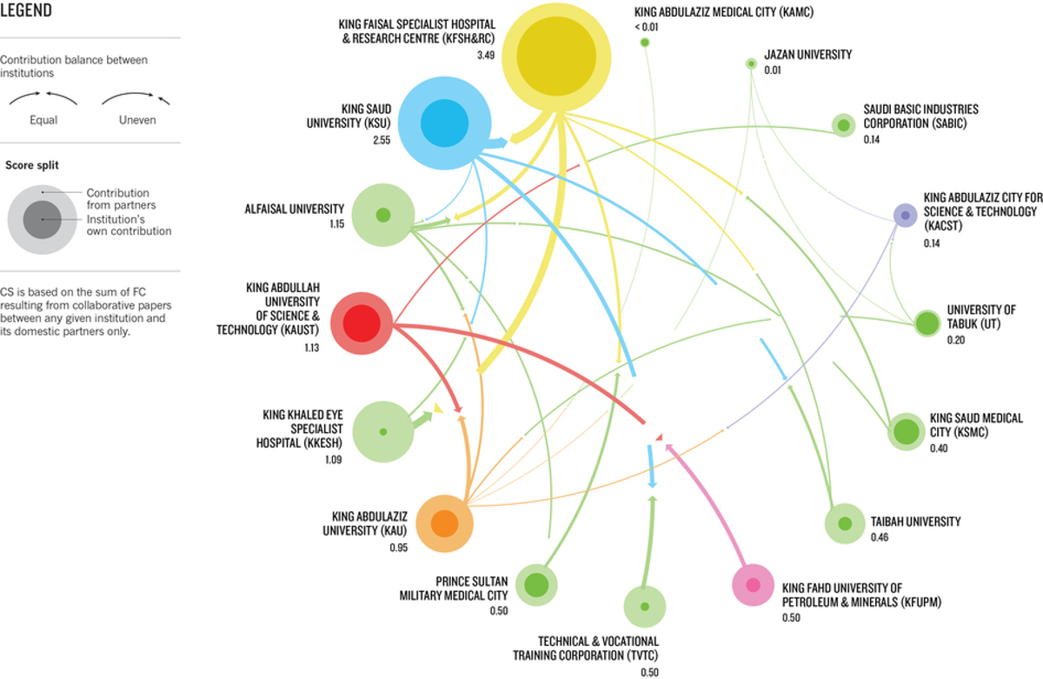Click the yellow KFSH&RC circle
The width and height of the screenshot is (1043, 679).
[x=556, y=57]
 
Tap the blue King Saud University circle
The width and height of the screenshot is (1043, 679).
[x=445, y=123]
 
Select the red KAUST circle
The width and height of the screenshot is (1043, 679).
[x=362, y=323]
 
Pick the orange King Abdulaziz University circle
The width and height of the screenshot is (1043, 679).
[x=444, y=523]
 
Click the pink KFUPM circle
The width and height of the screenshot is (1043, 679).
[x=753, y=585]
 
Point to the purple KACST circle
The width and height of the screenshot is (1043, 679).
[x=905, y=215]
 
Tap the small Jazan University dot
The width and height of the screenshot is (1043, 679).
[x=751, y=63]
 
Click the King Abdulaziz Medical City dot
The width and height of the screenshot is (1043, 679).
[x=645, y=43]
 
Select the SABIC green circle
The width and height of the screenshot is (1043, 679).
[x=843, y=125]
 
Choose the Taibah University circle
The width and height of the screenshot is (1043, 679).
[x=845, y=523]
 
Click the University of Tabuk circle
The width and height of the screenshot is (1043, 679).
[x=927, y=323]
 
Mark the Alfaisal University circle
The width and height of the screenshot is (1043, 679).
[x=382, y=215]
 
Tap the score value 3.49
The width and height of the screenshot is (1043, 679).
[x=486, y=55]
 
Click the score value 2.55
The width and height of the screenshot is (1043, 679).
[x=382, y=140]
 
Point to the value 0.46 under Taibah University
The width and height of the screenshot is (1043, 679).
[x=880, y=537]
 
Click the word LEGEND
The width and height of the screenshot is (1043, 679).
[x=25, y=10]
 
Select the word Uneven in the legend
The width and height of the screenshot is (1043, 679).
[x=137, y=120]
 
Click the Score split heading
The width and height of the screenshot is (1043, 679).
[x=32, y=165]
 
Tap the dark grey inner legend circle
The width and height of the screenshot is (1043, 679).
[x=43, y=220]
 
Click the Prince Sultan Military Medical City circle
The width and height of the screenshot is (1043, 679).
[x=536, y=585]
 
